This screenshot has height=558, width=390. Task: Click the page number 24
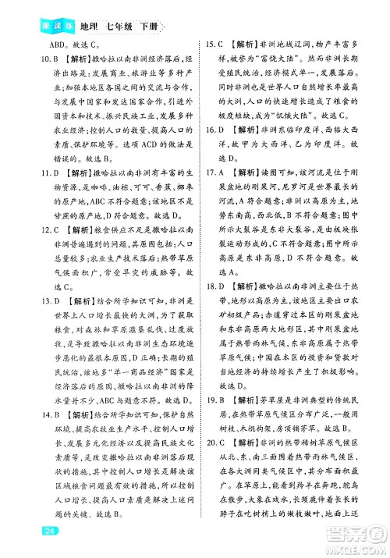pyautogui.click(x=28, y=531)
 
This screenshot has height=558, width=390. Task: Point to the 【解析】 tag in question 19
pyautogui.click(x=247, y=400)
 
